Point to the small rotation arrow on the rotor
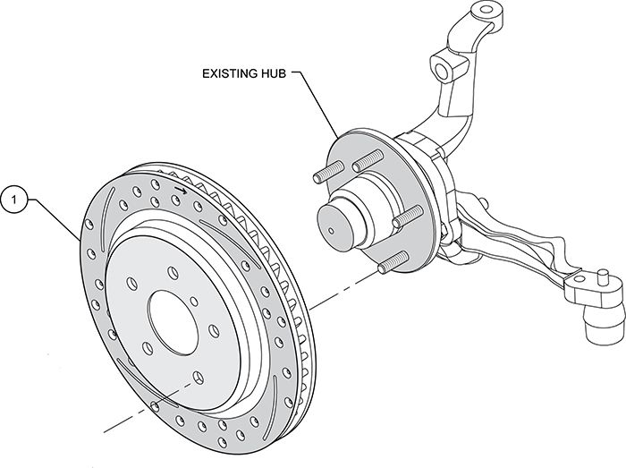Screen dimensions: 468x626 pos(182,190)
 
